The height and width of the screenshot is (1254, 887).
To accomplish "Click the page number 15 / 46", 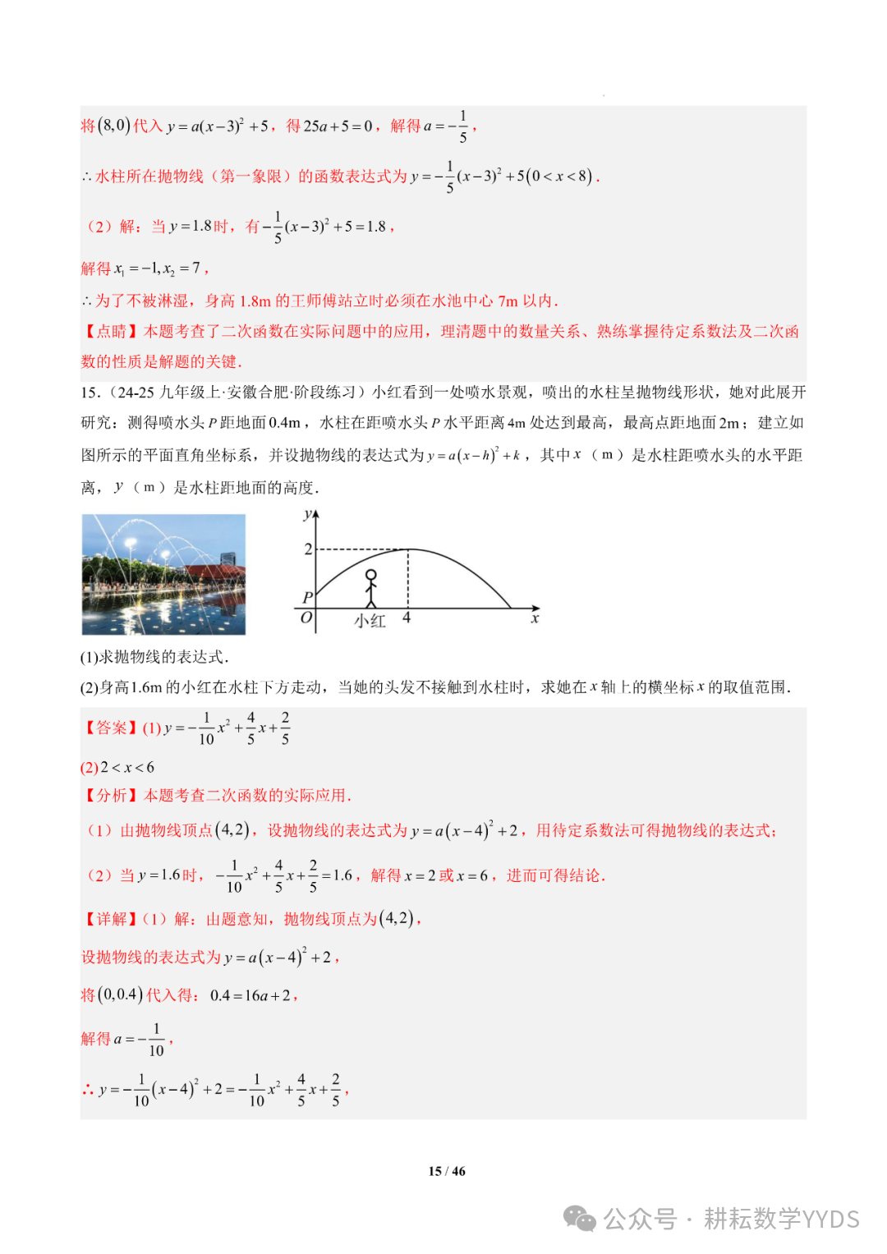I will pyautogui.click(x=447, y=1171).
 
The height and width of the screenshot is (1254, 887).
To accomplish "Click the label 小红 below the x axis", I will pyautogui.click(x=370, y=622).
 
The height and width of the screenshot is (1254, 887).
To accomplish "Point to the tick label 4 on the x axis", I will pyautogui.click(x=407, y=618).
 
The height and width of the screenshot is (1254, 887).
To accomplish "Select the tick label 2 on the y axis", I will pyautogui.click(x=308, y=549).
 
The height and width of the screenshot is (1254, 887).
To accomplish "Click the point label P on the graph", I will pyautogui.click(x=307, y=597).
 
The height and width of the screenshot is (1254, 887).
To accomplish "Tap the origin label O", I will pyautogui.click(x=306, y=618).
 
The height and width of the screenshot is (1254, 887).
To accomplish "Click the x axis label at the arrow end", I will pyautogui.click(x=535, y=618).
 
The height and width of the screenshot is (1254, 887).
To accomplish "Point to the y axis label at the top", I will pyautogui.click(x=307, y=515).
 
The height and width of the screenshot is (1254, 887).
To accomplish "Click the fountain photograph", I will pyautogui.click(x=163, y=574).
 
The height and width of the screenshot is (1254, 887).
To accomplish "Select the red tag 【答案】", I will pyautogui.click(x=111, y=728).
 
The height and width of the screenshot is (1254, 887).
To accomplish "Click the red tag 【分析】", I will pyautogui.click(x=111, y=795).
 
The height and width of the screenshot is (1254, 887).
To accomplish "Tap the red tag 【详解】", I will pyautogui.click(x=111, y=918).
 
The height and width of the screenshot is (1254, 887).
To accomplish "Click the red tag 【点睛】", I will pyautogui.click(x=111, y=331).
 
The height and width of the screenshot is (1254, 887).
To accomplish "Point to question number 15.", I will pyautogui.click(x=90, y=393).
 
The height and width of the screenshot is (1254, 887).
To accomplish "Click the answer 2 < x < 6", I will pyautogui.click(x=127, y=767).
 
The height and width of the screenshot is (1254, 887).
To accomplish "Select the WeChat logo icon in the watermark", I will pyautogui.click(x=581, y=1219).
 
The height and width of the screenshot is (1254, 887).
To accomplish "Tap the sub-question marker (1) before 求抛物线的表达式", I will pyautogui.click(x=90, y=657).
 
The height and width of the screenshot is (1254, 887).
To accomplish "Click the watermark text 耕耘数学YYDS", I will pyautogui.click(x=781, y=1219).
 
